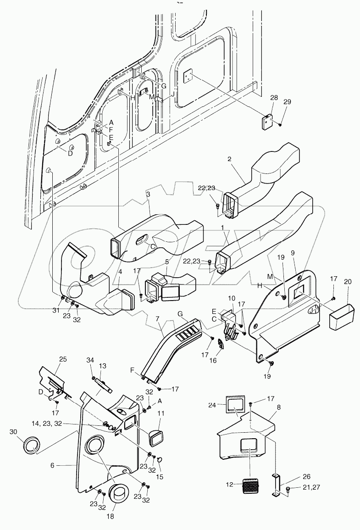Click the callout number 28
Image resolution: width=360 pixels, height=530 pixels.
pos(273,98)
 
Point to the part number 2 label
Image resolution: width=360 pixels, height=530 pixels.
pos(230,159)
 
